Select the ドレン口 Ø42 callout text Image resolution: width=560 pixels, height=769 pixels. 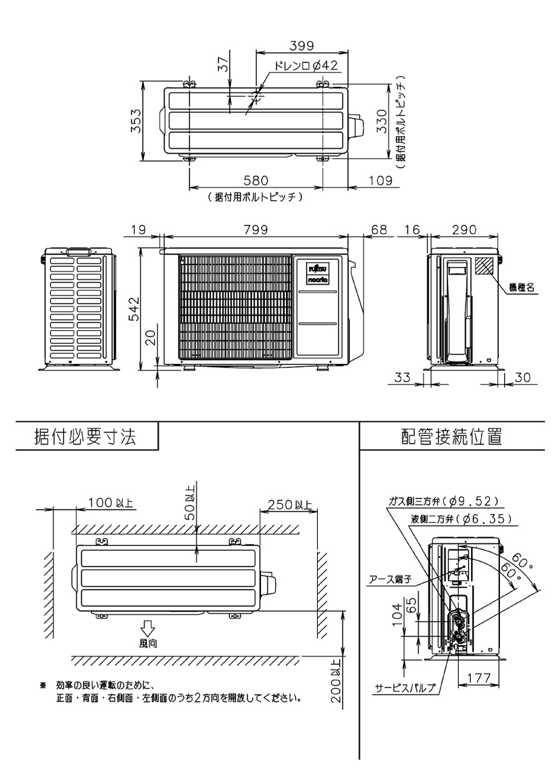pyautogui.click(x=306, y=66)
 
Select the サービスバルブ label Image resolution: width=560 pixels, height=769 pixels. pyautogui.click(x=405, y=688)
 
